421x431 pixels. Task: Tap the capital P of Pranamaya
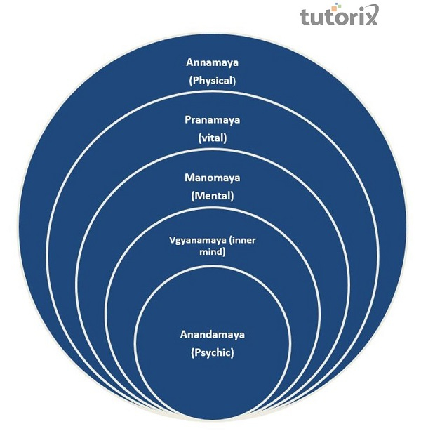[188, 120]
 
